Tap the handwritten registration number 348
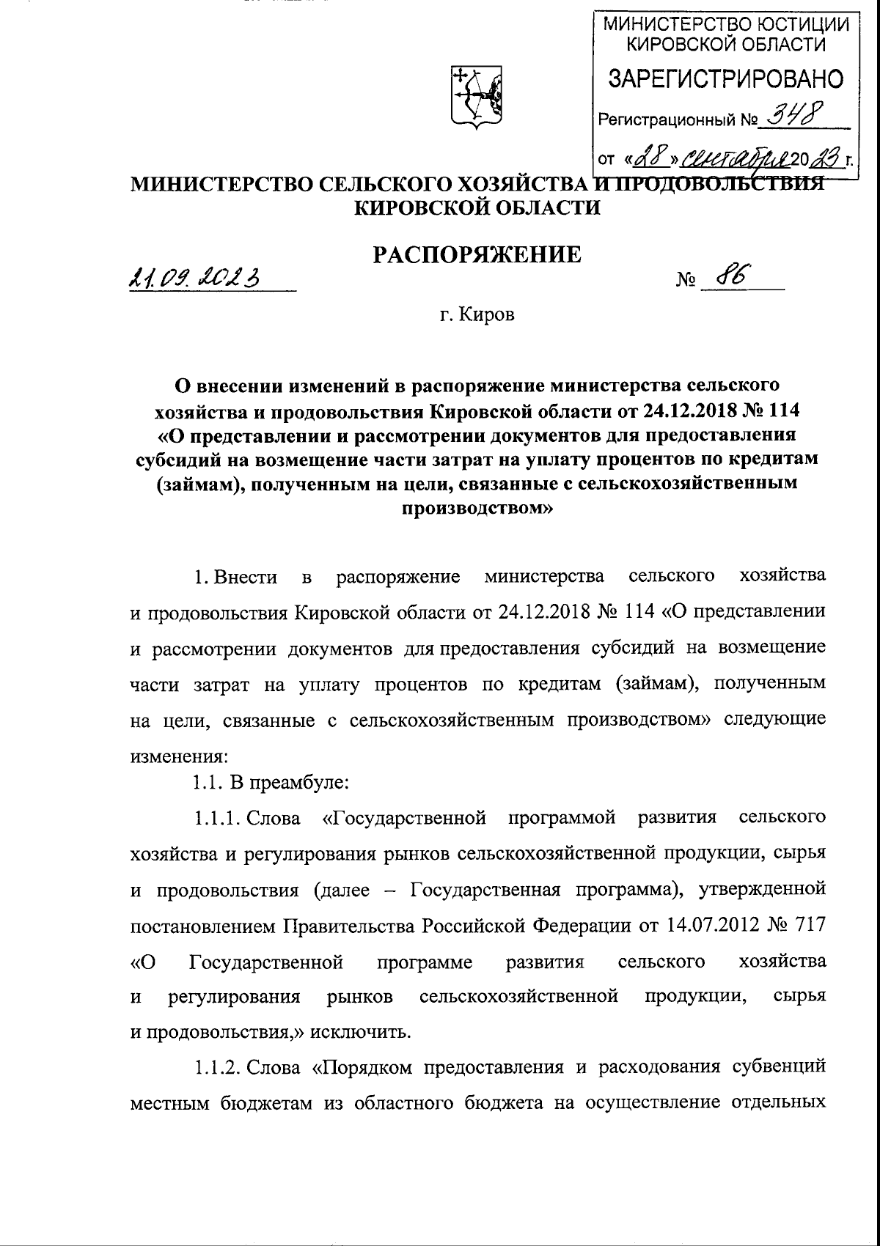click(793, 114)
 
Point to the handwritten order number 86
click(730, 276)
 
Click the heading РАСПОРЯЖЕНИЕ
click(477, 254)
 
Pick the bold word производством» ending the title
click(477, 508)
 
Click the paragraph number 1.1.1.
click(218, 818)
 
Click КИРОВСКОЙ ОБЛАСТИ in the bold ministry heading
click(477, 207)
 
